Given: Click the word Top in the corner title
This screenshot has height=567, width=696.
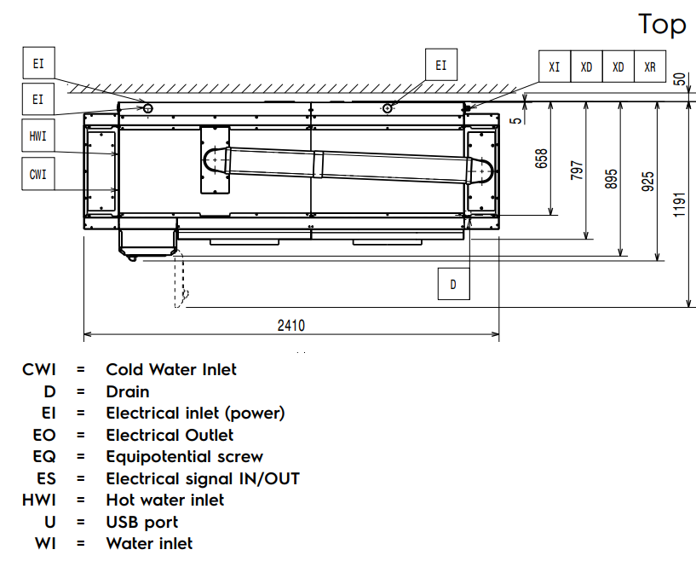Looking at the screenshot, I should click(x=662, y=24).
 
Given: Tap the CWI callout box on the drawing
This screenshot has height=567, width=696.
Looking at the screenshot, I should click(x=37, y=175).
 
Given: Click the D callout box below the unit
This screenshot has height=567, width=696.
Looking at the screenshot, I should click(x=453, y=284).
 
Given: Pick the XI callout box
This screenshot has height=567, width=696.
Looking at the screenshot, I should click(x=554, y=67).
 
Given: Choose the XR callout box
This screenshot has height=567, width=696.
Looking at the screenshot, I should click(x=650, y=67).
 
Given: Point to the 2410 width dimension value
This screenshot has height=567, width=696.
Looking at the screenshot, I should click(x=290, y=325).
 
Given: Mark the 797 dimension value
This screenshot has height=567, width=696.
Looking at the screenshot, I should click(x=578, y=171).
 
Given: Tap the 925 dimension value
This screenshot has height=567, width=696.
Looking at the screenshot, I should click(x=648, y=182).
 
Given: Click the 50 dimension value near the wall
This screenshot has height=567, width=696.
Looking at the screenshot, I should click(x=679, y=79).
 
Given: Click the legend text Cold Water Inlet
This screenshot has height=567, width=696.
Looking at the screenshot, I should click(x=171, y=369).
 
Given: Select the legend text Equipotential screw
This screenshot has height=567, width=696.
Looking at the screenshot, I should click(x=184, y=456).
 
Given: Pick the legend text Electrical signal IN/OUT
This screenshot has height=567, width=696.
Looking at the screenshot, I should click(x=203, y=478).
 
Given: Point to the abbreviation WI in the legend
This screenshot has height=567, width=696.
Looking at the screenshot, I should click(x=46, y=543).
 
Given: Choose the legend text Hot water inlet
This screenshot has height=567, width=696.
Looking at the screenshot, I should click(x=165, y=500).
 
